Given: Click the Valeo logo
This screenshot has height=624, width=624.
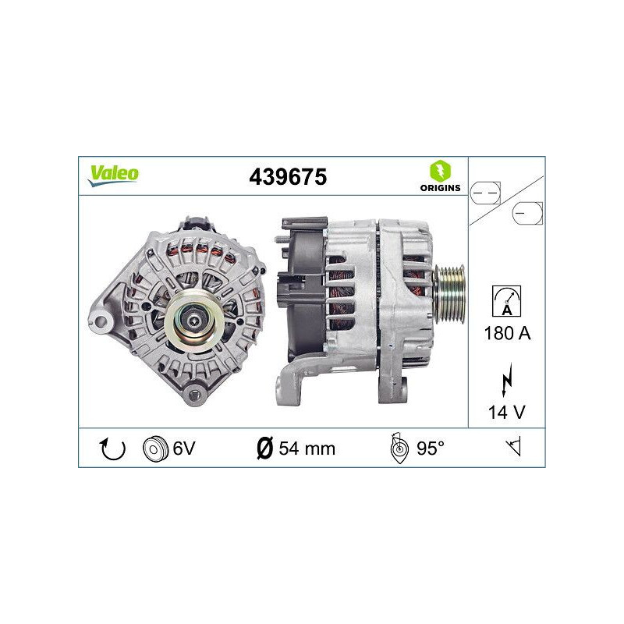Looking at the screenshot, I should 113,175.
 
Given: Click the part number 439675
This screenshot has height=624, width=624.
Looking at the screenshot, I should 287,178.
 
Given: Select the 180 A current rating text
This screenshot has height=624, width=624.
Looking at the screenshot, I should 507,334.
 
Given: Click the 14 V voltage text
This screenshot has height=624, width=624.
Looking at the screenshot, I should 507,410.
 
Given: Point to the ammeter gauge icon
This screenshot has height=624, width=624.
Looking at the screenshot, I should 506,300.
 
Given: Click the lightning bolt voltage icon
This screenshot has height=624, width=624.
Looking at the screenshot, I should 507,380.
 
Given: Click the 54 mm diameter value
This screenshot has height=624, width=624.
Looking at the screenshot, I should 307,448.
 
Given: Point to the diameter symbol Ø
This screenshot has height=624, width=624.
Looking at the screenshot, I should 264,448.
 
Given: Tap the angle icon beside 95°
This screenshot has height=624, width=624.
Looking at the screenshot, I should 399,448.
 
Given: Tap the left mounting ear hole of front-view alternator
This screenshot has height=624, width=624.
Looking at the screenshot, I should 99,321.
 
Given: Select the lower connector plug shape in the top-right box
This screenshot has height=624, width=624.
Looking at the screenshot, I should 527,212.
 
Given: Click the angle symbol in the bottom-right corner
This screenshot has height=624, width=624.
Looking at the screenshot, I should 512,448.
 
